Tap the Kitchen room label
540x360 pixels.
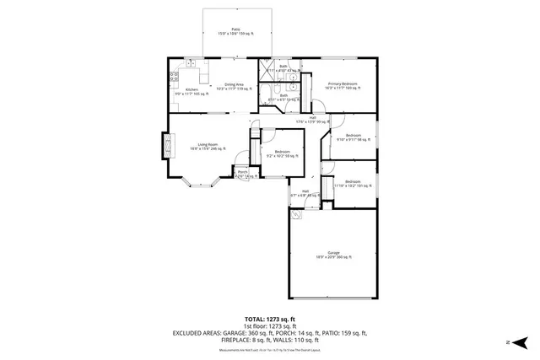192,92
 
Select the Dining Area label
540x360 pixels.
234,86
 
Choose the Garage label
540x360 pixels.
333,254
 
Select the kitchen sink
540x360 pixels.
192,63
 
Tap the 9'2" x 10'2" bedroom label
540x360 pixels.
282,153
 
